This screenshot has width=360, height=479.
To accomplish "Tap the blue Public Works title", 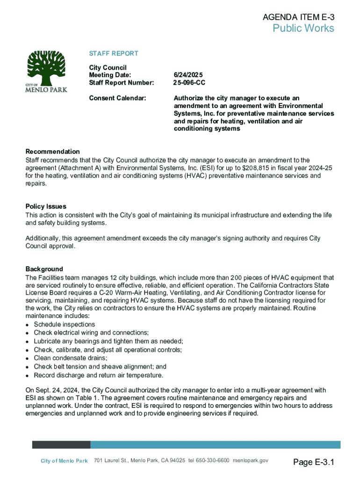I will pos(303,29).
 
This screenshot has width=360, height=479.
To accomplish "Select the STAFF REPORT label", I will pos(114,54).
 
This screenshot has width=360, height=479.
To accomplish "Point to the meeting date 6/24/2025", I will pos(188,75).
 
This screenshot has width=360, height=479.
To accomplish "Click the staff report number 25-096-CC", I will pos(189,83).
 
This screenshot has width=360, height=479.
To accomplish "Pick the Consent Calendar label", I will pos(117,98).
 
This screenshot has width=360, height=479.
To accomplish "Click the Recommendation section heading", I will pos(52,152).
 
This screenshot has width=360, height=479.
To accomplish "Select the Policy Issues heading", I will pos(46,206).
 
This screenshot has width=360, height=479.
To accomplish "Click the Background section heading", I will pos(44,269).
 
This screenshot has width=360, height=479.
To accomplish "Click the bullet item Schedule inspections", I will pos(65,324).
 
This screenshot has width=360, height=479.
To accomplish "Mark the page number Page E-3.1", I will pos(314,463).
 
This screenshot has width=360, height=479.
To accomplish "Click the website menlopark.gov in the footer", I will pos(251,461).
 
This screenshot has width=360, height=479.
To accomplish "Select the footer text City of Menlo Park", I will pos(64,461).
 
